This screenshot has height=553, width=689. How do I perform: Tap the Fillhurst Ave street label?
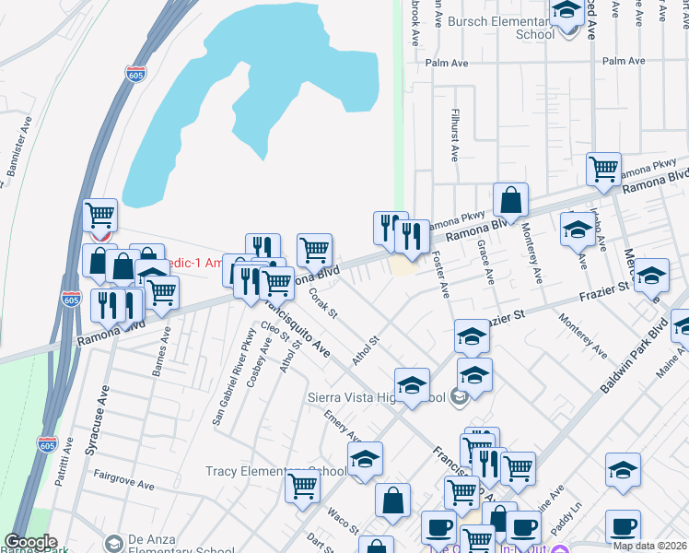[452, 135]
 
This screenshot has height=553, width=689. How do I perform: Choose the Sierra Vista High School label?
[378, 398]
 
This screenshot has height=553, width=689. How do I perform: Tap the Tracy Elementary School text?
[275, 472]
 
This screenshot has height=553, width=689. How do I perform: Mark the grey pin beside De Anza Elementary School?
[114, 542]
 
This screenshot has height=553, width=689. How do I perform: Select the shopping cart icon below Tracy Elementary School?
[302, 486]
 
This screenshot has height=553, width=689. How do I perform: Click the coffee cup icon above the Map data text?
[623, 526]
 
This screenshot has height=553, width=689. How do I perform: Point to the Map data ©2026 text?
[649, 546]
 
